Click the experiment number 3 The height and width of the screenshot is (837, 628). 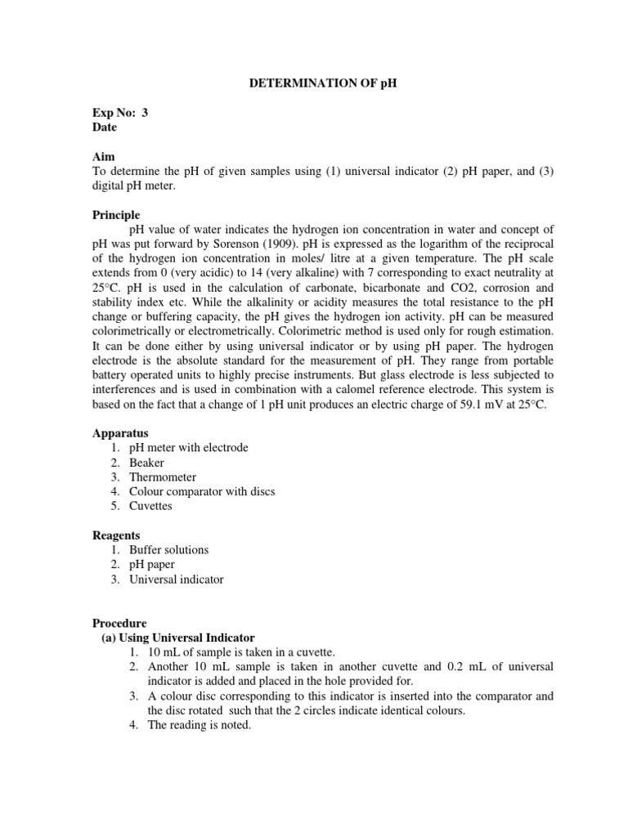tap(146, 114)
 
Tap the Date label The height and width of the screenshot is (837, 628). tap(104, 128)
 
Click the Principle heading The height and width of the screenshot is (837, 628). tap(115, 214)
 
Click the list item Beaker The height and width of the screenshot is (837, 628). tap(146, 462)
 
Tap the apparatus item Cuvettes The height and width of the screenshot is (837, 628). tap(150, 506)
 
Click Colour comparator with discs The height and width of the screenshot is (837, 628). tap(202, 491)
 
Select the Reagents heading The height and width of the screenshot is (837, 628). tap(115, 535)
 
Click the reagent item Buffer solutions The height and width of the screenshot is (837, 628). tap(168, 550)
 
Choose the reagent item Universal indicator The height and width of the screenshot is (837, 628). tap(176, 580)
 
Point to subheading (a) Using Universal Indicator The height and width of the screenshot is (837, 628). tap(177, 638)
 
